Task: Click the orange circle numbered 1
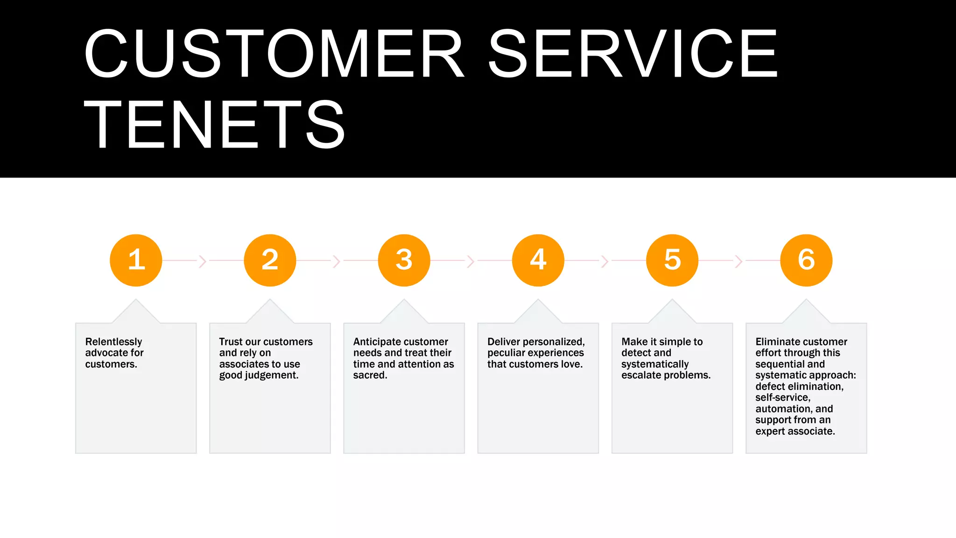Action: [136, 260]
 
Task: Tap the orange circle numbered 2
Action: [270, 260]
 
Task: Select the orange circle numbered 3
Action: [404, 260]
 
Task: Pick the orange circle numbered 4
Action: [538, 260]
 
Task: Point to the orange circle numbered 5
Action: [672, 260]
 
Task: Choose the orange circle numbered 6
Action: [806, 260]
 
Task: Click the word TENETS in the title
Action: [214, 125]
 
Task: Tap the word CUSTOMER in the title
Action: [274, 54]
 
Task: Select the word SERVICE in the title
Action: [633, 54]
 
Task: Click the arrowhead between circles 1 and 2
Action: [203, 261]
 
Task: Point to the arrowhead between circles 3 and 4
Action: [471, 261]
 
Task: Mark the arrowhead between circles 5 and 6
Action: [738, 261]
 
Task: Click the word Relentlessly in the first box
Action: [113, 342]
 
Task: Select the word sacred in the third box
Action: [369, 375]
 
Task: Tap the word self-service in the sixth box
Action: [782, 397]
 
